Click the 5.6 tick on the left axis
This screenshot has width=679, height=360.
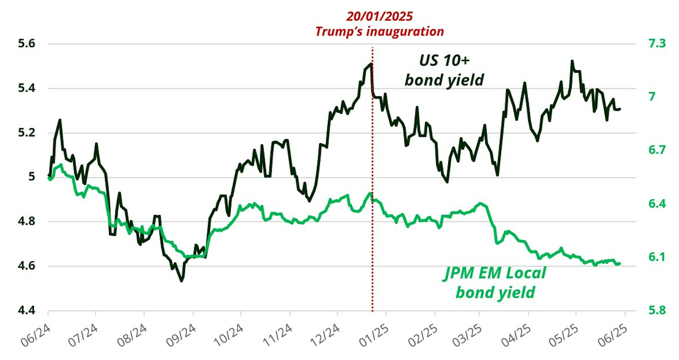(26, 44)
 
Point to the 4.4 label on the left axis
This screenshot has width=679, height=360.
(26, 311)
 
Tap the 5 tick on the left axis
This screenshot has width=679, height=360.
(32, 177)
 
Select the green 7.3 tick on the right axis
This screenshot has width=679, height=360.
(657, 43)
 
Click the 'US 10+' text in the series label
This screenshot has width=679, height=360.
(444, 61)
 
